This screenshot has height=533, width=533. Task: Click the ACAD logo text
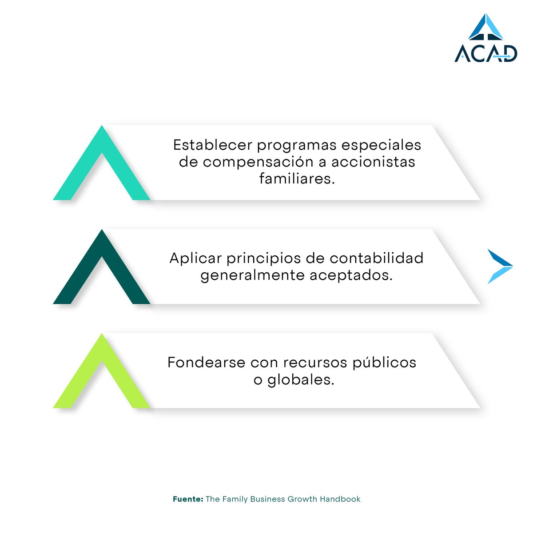(x=485, y=53)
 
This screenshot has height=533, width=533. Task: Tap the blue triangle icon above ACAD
(x=485, y=28)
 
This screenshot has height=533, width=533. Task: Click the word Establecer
(x=213, y=145)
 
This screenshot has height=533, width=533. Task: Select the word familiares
(x=297, y=179)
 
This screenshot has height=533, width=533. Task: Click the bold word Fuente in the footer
(x=188, y=499)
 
